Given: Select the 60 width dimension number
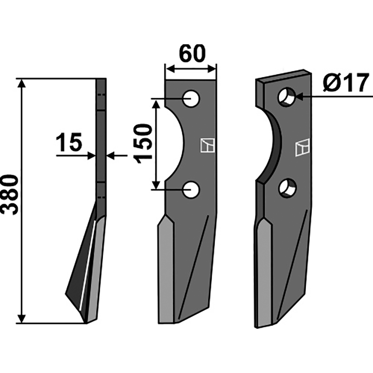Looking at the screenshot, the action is (x=192, y=53).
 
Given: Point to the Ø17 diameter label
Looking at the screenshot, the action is (x=346, y=83).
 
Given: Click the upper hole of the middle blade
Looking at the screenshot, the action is (x=192, y=98).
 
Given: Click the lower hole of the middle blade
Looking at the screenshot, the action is (x=192, y=190).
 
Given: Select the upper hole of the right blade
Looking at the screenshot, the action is (x=286, y=97).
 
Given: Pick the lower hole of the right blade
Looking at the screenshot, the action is (x=288, y=188).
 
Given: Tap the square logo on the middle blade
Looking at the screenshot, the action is (x=207, y=145).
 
